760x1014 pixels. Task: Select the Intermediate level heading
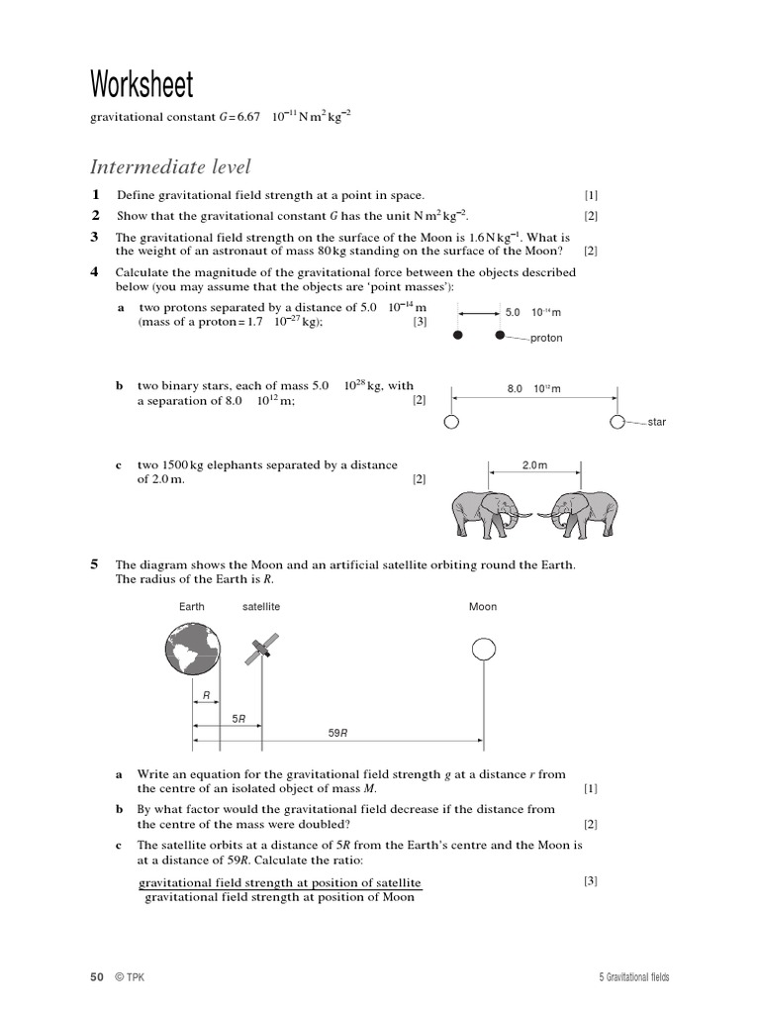click(171, 166)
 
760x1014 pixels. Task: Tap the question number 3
click(95, 237)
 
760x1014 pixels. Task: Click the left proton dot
click(457, 336)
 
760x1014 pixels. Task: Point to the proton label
click(546, 338)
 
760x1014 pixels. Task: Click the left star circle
click(452, 422)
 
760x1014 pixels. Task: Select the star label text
click(656, 422)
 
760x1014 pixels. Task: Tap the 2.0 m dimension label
click(534, 464)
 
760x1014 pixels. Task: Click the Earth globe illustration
click(193, 648)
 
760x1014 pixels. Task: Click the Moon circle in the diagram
click(483, 649)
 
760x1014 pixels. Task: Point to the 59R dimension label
click(337, 733)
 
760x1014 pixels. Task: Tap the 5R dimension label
click(238, 717)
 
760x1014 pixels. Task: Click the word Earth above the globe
click(192, 606)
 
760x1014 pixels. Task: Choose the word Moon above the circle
click(483, 606)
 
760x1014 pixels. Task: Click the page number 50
click(97, 977)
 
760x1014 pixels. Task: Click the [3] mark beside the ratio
click(590, 880)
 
